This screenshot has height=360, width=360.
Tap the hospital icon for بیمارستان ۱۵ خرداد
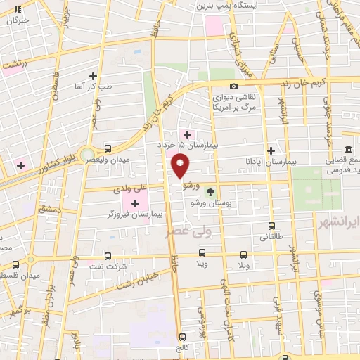(x=186, y=134)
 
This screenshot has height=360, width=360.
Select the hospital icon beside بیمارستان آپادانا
(x=271, y=150)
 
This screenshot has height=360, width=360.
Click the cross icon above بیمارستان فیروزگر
(x=135, y=203)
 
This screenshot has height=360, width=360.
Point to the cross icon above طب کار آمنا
(x=93, y=75)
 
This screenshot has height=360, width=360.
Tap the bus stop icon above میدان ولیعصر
(x=108, y=148)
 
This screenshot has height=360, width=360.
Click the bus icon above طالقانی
(x=272, y=226)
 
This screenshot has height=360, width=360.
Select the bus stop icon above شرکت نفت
(x=108, y=256)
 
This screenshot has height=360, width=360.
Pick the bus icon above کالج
(x=183, y=337)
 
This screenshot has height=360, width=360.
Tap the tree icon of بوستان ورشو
(x=209, y=191)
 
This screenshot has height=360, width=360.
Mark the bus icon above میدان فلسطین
(x=16, y=264)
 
